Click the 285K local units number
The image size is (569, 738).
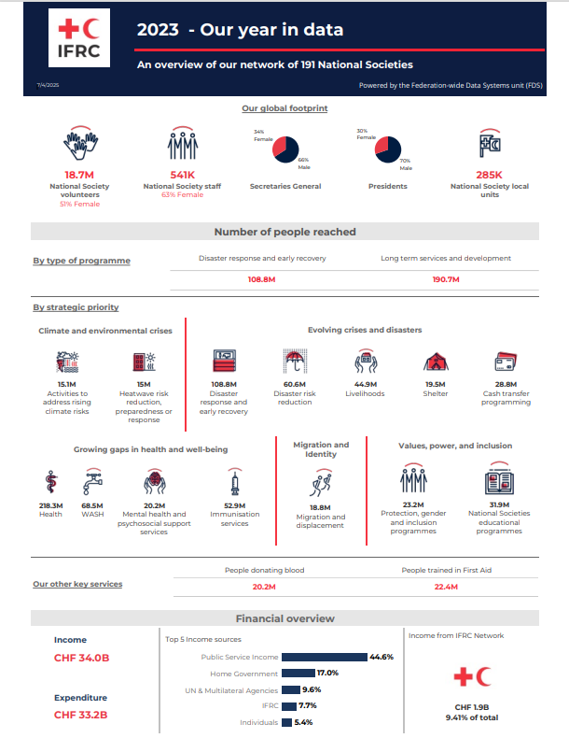pyautogui.click(x=489, y=175)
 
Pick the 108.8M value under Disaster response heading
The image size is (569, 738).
pyautogui.click(x=262, y=279)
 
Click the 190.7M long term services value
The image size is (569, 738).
pyautogui.click(x=446, y=279)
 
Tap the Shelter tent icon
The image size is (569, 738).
pyautogui.click(x=436, y=362)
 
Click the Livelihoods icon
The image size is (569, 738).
pyautogui.click(x=365, y=362)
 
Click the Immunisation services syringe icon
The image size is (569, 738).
pyautogui.click(x=234, y=483)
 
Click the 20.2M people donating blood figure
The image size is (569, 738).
pyautogui.click(x=264, y=587)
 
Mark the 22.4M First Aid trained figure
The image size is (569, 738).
pyautogui.click(x=446, y=587)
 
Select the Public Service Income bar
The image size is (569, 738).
pyautogui.click(x=325, y=657)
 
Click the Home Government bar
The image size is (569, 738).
pyautogui.click(x=298, y=673)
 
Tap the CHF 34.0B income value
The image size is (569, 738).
pyautogui.click(x=80, y=659)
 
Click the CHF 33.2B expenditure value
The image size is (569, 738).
pyautogui.click(x=80, y=716)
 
